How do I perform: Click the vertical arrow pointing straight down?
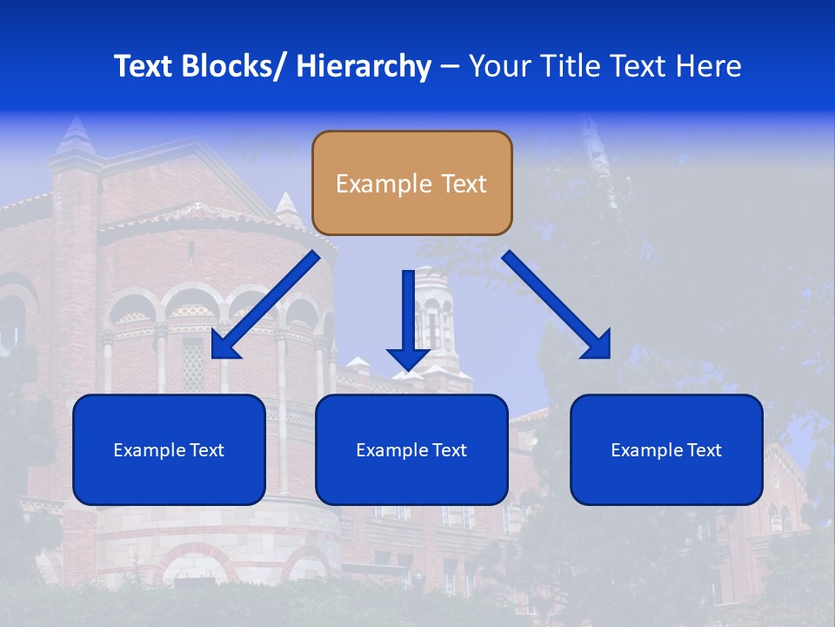(x=408, y=318)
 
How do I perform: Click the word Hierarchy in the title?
(x=363, y=66)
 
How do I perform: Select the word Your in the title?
(x=497, y=66)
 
